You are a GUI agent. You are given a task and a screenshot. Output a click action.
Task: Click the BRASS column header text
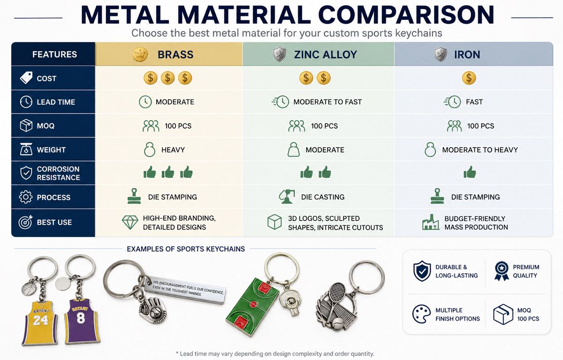pyautogui.click(x=175, y=54)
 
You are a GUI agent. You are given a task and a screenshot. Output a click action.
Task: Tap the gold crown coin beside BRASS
pyautogui.click(x=140, y=54)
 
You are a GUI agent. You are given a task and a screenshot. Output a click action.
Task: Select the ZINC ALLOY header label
pyautogui.click(x=326, y=54)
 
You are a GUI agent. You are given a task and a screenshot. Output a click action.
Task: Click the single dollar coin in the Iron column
pyautogui.click(x=469, y=78)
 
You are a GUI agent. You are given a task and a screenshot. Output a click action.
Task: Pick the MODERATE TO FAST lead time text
pyautogui.click(x=327, y=102)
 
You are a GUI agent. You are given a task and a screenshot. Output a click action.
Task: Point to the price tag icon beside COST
pyautogui.click(x=26, y=78)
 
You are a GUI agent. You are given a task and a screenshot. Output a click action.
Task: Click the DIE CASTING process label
pyautogui.click(x=323, y=197)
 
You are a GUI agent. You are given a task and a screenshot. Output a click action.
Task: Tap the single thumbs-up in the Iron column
pyautogui.click(x=470, y=172)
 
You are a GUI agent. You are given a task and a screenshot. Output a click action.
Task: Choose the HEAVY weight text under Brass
pyautogui.click(x=173, y=150)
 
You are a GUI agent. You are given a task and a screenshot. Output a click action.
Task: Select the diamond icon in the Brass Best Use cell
pyautogui.click(x=130, y=222)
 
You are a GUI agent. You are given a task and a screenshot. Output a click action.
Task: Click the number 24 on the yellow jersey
pyautogui.click(x=40, y=320)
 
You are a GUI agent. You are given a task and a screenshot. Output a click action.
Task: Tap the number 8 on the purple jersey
pyautogui.click(x=81, y=318)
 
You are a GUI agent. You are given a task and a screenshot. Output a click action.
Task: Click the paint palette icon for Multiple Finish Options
pyautogui.click(x=421, y=314)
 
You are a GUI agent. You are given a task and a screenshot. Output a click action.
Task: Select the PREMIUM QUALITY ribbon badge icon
pyautogui.click(x=502, y=271)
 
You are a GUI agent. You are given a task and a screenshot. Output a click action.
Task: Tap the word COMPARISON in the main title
pyautogui.click(x=408, y=15)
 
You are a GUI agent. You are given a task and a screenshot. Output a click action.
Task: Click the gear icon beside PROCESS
pyautogui.click(x=26, y=197)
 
